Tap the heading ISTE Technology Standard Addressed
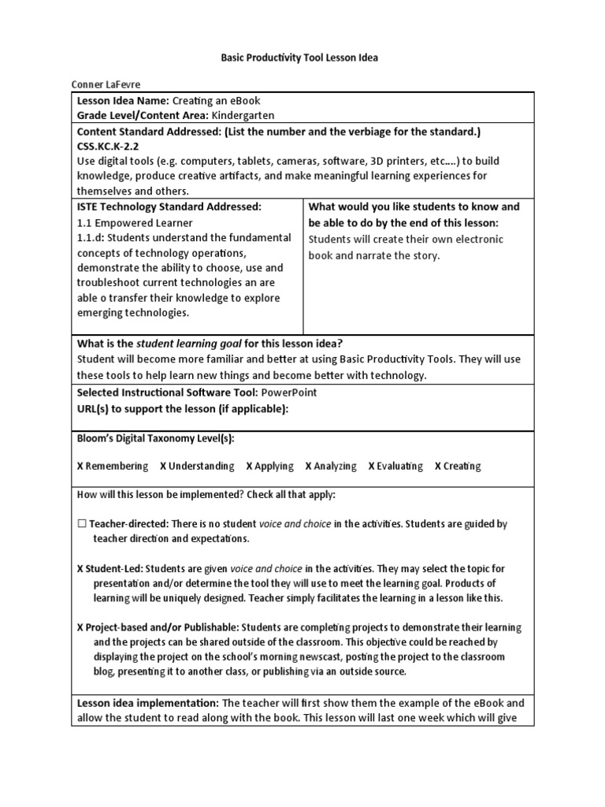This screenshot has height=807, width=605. point(169,206)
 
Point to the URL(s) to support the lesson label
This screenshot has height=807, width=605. point(182,407)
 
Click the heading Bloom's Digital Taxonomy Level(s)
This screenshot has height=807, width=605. point(155,437)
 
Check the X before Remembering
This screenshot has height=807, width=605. point(80,466)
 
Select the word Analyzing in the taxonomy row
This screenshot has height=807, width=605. point(335,466)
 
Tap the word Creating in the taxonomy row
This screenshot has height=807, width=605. point(462,466)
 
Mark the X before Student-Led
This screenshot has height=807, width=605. point(80,568)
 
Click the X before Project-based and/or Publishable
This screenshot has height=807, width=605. point(80,627)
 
